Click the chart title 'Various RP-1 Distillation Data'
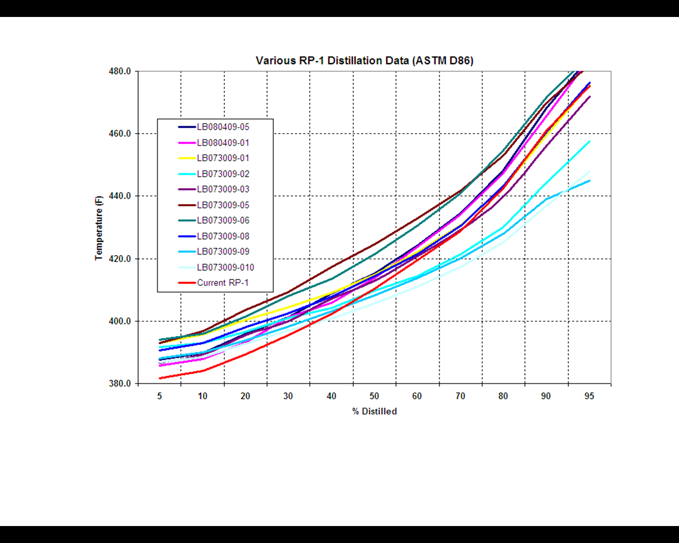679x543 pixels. point(364,60)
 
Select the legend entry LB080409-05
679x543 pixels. point(223,127)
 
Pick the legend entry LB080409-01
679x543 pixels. point(223,143)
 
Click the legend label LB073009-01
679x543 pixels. point(223,158)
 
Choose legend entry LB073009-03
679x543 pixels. point(223,189)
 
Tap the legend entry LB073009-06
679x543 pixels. point(223,221)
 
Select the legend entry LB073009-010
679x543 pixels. point(225,267)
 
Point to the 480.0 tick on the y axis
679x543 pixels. point(120,71)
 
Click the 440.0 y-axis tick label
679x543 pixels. point(120,196)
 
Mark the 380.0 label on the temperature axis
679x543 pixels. point(120,383)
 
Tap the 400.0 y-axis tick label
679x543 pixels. point(120,321)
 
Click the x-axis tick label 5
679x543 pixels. point(159,396)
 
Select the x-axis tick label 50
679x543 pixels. point(375,396)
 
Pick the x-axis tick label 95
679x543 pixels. point(589,396)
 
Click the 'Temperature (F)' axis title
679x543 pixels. point(99,228)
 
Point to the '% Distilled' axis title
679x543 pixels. point(375,411)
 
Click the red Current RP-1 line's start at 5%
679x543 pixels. point(160,378)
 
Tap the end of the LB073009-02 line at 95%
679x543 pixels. point(589,142)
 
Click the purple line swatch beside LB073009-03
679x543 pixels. point(187,189)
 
